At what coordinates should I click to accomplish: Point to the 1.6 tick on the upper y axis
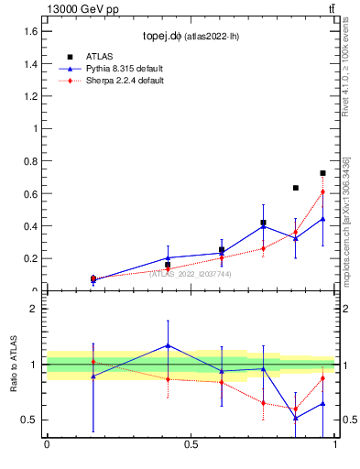pos(30,31)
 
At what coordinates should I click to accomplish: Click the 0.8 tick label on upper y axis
pos(30,161)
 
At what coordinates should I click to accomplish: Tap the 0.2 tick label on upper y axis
pos(30,258)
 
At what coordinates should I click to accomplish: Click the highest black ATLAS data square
pos(322,173)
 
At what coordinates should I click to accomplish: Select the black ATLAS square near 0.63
pos(296,188)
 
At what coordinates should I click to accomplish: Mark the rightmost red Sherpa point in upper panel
pos(322,191)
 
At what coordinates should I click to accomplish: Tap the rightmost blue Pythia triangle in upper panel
pos(322,219)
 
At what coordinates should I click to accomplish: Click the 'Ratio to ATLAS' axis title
pos(14,365)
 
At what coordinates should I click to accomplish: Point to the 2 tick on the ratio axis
pos(33,309)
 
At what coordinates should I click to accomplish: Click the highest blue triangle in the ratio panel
pos(168,345)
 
